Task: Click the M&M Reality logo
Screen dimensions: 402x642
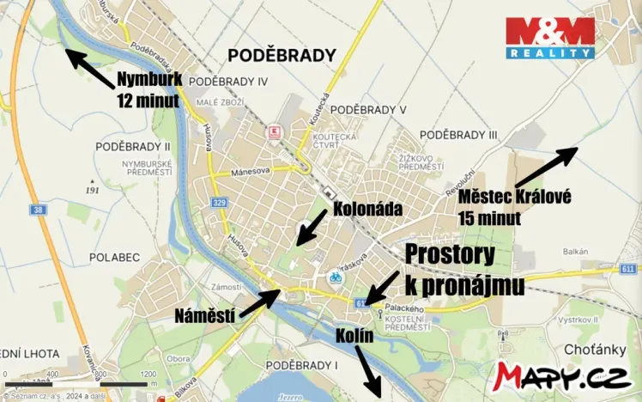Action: tap(550, 38)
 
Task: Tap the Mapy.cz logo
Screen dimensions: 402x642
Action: tap(565, 375)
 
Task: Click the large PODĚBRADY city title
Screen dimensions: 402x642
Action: tap(281, 56)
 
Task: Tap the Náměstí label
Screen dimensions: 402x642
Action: tap(205, 315)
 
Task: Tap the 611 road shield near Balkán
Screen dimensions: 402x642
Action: tap(632, 269)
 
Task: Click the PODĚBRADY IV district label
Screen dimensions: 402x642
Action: tap(228, 81)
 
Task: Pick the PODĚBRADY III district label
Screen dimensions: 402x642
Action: tap(458, 135)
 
